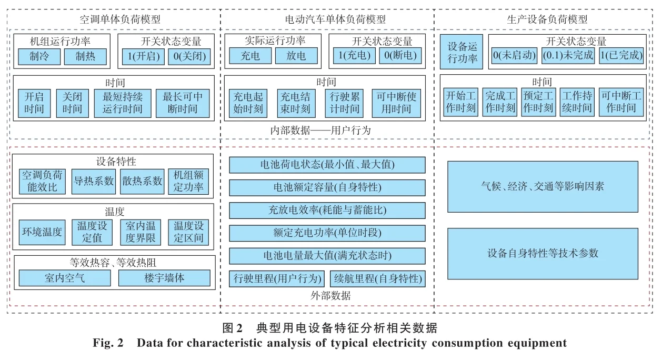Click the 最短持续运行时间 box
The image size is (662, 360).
coord(122,103)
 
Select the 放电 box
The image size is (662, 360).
coord(296,56)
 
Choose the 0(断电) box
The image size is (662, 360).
coord(400,56)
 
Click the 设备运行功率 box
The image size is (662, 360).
coord(462,52)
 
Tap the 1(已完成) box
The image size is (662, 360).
coord(621,55)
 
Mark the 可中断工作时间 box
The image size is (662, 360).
coord(621,102)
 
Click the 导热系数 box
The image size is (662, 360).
coord(94,181)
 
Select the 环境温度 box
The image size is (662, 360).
coord(42,232)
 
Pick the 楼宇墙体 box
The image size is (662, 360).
coord(164,278)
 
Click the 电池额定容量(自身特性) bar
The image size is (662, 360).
coord(327,187)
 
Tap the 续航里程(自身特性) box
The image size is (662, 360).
coord(377,278)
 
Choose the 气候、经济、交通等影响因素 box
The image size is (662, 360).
coord(543,186)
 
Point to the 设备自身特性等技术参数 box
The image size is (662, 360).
coord(543,253)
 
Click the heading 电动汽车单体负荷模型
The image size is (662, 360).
coord(327,19)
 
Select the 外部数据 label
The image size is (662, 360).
coord(327,296)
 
